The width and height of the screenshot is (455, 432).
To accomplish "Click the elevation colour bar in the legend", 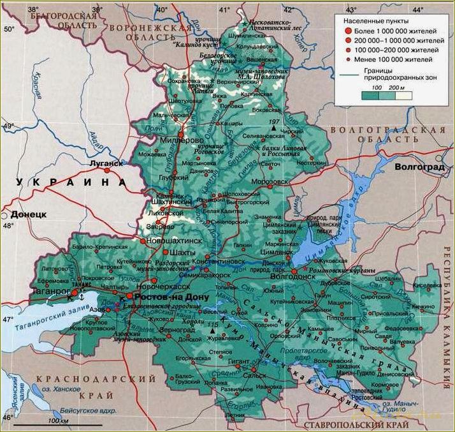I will click(386, 95).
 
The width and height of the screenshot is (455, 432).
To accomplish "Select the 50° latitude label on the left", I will click(8, 30).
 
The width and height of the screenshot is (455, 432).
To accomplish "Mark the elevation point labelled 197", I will click(275, 122).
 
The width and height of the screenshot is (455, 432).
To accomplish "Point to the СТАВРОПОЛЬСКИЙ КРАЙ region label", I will click(347, 424).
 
